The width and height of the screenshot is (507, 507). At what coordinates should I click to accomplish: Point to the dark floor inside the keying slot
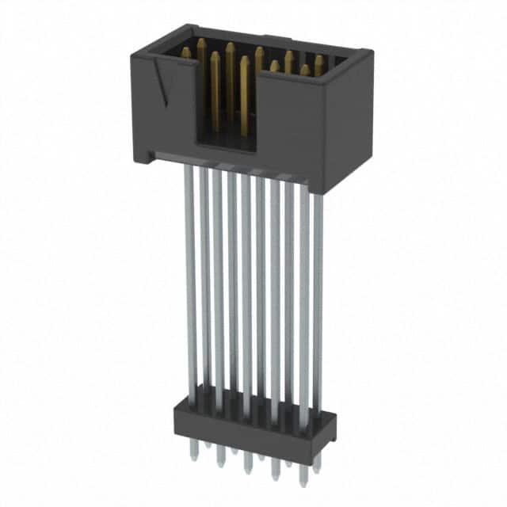pyautogui.click(x=226, y=140)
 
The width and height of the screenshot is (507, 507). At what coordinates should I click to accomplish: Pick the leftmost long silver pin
pyautogui.click(x=189, y=277)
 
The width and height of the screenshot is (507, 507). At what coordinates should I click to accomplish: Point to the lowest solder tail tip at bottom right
pyautogui.click(x=300, y=481)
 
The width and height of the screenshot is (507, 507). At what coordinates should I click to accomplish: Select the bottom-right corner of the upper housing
pyautogui.click(x=325, y=190)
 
